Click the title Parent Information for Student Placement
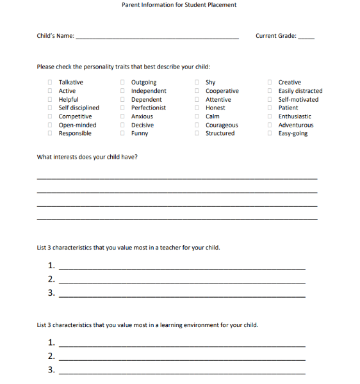(179, 5)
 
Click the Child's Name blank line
(157, 38)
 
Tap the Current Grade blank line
(306, 38)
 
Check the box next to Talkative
(50, 83)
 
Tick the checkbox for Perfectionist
(122, 108)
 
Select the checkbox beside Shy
(197, 83)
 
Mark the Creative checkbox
(270, 83)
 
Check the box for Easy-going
(270, 134)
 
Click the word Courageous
(222, 125)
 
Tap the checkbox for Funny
(122, 134)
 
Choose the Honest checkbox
(197, 108)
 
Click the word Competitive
(75, 116)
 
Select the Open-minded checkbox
(50, 125)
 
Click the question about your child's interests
(87, 157)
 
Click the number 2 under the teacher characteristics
(51, 280)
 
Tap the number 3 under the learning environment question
(51, 370)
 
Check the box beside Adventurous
(270, 125)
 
